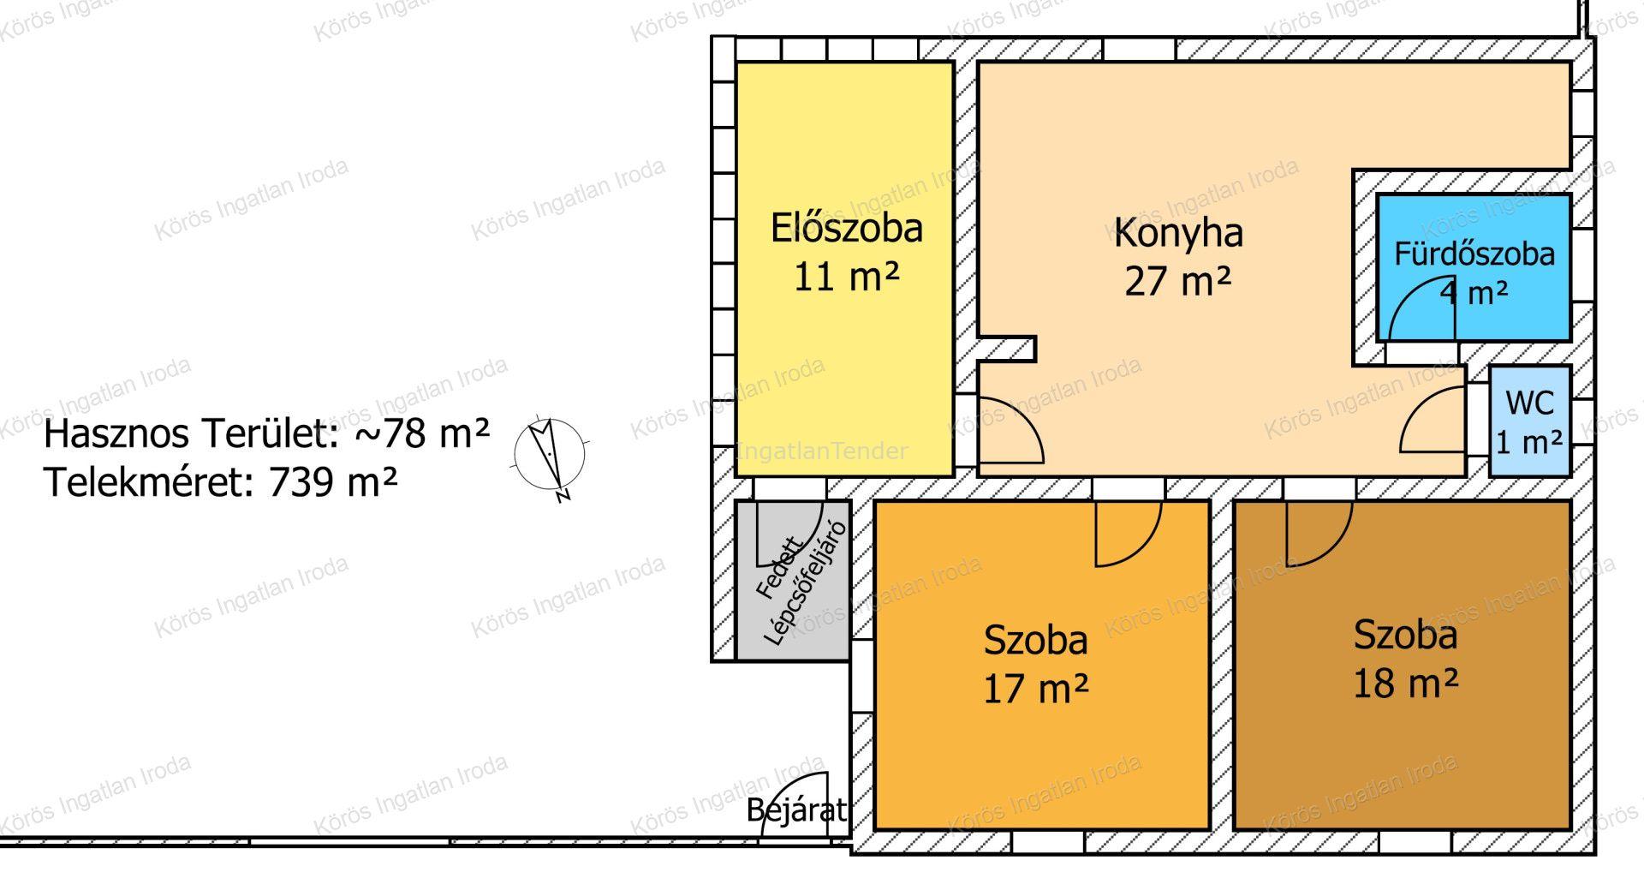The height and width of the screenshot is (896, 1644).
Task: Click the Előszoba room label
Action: point(846,228)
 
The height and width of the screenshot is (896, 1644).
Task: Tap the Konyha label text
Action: point(1178,233)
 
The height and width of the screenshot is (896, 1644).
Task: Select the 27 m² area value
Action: point(1177,280)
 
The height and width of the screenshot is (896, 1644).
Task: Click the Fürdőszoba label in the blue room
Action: point(1474,254)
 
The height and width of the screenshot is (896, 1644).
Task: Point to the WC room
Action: point(1529,421)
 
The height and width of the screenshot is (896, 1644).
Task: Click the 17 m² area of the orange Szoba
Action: point(1035,688)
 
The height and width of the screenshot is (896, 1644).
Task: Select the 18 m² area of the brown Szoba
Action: point(1405,683)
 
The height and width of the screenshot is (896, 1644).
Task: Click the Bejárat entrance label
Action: point(796,809)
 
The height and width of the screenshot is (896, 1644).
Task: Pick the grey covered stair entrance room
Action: point(793,580)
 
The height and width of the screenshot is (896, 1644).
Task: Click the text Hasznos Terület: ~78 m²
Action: point(266,433)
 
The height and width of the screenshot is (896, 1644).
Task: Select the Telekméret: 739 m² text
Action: point(220,482)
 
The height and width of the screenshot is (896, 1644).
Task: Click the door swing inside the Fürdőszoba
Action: point(1421,309)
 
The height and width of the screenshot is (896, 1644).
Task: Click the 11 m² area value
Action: point(846,277)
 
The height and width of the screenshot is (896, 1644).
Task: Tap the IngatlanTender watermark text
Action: point(822,451)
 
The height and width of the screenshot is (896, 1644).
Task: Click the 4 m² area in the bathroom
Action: point(1474,293)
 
